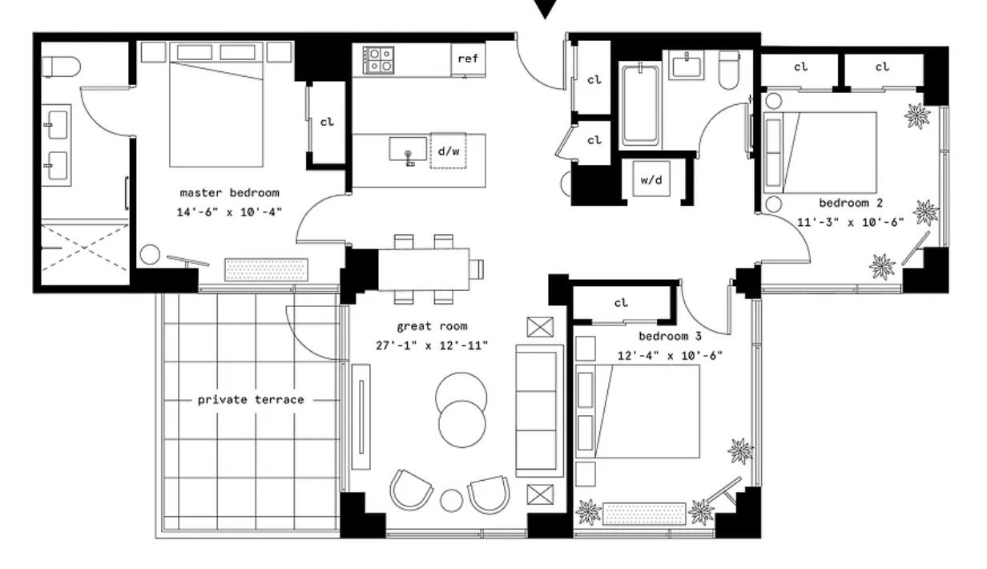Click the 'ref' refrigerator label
tap(468, 59)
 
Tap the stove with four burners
tap(378, 60)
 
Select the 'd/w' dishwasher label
tap(449, 151)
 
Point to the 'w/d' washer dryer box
tap(651, 179)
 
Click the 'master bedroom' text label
tap(230, 193)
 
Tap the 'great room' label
tap(432, 327)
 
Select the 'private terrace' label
tap(251, 400)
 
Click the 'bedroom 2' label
tap(851, 204)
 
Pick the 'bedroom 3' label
tap(670, 337)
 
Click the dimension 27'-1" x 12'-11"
tap(432, 345)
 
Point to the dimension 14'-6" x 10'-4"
tap(229, 212)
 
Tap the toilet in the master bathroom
tap(61, 67)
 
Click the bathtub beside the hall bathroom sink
tap(640, 105)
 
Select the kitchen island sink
tap(408, 150)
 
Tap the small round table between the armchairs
tap(451, 501)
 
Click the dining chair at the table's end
tap(477, 269)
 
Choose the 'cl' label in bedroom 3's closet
tap(621, 303)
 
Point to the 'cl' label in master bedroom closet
tap(327, 122)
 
